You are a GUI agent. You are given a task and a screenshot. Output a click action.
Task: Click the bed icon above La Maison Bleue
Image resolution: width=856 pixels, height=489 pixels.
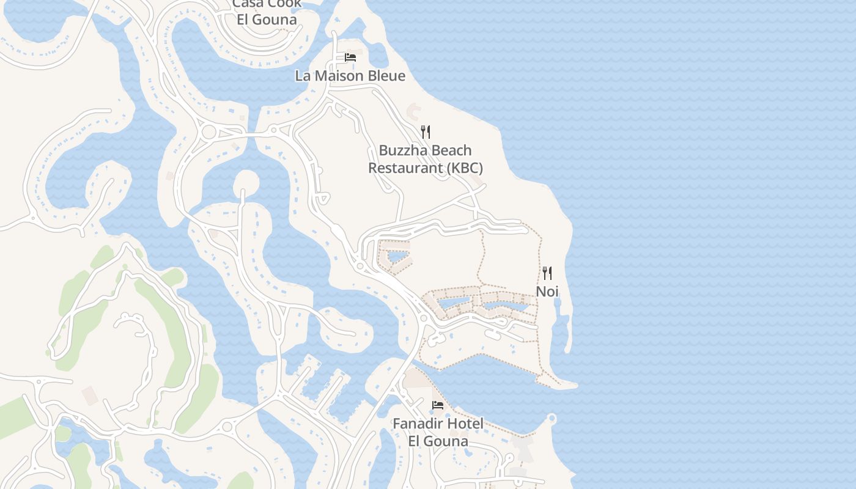(x=350, y=57)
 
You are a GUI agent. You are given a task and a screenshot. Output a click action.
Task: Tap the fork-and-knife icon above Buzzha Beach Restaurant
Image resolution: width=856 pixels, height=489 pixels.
(x=426, y=131)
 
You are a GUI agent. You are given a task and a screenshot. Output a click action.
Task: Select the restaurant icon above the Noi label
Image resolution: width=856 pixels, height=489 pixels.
(x=547, y=273)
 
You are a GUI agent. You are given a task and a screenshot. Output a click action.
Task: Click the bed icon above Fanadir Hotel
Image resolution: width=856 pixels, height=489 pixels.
(x=438, y=405)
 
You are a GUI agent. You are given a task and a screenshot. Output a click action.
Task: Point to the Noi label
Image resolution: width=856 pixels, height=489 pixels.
(x=547, y=292)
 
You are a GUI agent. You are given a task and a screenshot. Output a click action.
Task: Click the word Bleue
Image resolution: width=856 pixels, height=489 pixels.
(x=385, y=76)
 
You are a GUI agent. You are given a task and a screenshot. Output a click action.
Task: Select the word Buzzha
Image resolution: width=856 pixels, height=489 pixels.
(x=400, y=150)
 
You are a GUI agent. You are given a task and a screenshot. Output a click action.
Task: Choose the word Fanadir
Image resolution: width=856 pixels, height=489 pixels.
(x=418, y=424)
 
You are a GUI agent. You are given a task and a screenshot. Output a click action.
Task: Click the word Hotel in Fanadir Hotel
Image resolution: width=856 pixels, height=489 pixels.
(x=465, y=424)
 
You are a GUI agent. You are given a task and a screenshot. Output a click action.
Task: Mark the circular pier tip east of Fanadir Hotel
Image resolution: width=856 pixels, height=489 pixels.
(x=552, y=419)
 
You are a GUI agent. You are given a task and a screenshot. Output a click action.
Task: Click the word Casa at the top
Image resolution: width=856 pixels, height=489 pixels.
(x=248, y=4)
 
